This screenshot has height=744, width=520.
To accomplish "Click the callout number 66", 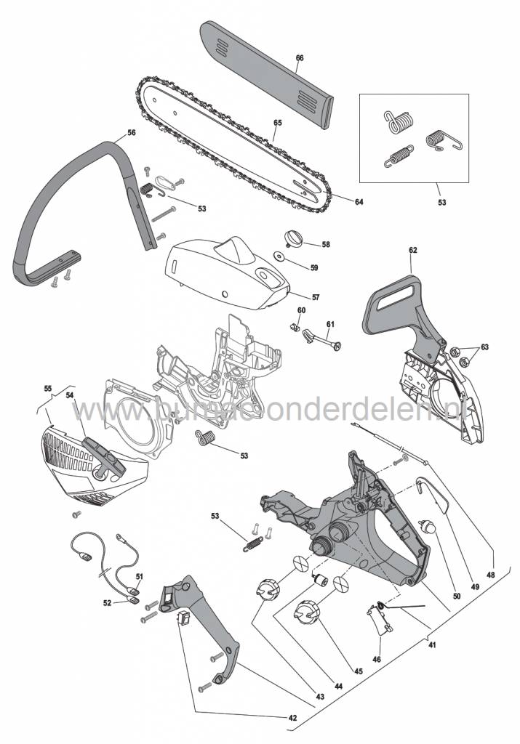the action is pyautogui.click(x=299, y=58).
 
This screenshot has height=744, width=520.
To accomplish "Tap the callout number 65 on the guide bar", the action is pyautogui.click(x=278, y=122).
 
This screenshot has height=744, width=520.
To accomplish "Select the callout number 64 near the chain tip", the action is pyautogui.click(x=359, y=202).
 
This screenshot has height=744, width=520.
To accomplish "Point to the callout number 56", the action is pyautogui.click(x=132, y=133).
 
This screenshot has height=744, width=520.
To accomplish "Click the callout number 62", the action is pyautogui.click(x=413, y=250).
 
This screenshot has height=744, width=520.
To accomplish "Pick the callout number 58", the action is pyautogui.click(x=326, y=244).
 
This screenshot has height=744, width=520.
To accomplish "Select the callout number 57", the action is pyautogui.click(x=316, y=297).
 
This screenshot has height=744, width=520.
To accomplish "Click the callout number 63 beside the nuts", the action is pyautogui.click(x=484, y=347).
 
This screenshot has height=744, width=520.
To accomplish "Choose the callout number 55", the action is pyautogui.click(x=47, y=389).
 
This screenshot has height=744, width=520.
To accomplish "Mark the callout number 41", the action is pyautogui.click(x=432, y=645).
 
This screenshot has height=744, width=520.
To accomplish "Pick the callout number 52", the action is pyautogui.click(x=108, y=602).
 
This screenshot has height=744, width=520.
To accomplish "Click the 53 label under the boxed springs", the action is pyautogui.click(x=442, y=202).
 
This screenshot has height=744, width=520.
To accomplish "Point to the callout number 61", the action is pyautogui.click(x=330, y=324).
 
